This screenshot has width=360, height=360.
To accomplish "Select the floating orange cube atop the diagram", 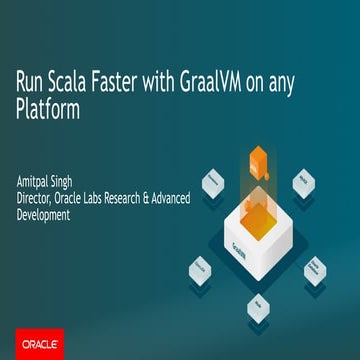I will [259, 157].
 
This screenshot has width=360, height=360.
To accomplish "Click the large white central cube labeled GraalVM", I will [258, 220].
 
